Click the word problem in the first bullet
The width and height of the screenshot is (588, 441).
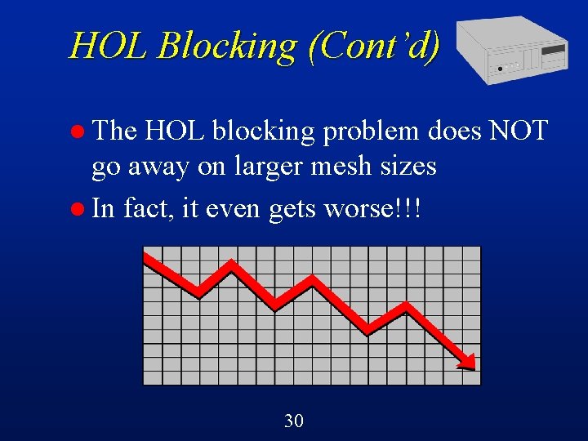tap(370, 131)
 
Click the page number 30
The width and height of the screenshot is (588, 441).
tap(294, 421)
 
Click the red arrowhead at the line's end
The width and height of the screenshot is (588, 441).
tap(466, 360)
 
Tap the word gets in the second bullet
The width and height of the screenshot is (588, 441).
tap(292, 209)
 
